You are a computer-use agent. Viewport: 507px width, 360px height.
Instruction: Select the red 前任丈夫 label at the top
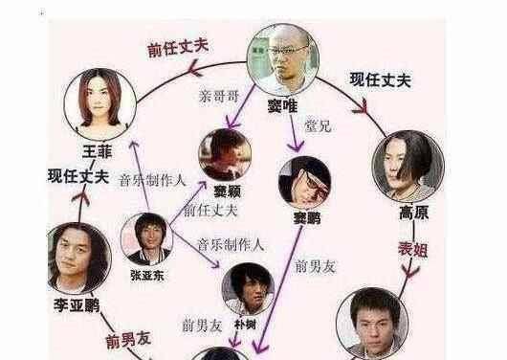click(178, 48)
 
